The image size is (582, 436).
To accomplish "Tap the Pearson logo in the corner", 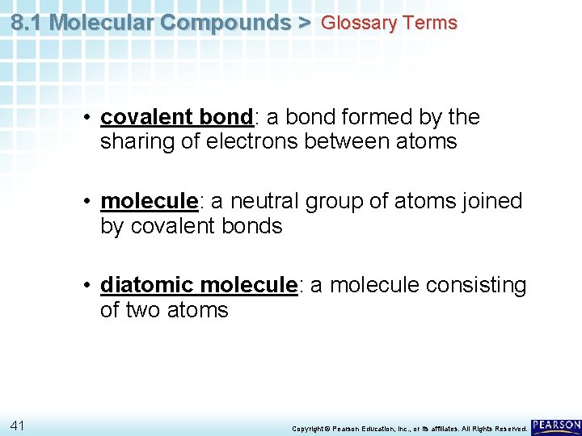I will point(556,426).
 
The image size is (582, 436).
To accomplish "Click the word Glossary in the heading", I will point(355,23).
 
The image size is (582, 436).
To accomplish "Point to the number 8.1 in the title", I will point(27,23).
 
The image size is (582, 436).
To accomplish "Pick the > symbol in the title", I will point(304,23).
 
